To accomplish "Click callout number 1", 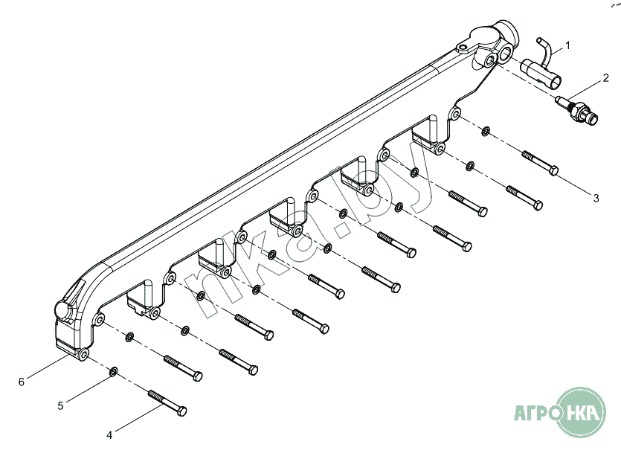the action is coord(567,45).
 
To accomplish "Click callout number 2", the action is coord(605,77).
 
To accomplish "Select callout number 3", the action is coord(596,198).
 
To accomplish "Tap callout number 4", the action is coord(110,435).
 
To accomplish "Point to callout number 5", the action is coord(60,406).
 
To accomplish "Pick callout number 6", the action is coord(22,382).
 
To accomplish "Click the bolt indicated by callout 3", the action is coord(540,163).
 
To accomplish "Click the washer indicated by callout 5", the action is coord(113,371).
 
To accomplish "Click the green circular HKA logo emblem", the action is coord(581,412).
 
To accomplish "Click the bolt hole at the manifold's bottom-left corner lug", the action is coord(83,353).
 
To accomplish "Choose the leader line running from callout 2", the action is coord(584,89).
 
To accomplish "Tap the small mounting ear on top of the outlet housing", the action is coord(462,48).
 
